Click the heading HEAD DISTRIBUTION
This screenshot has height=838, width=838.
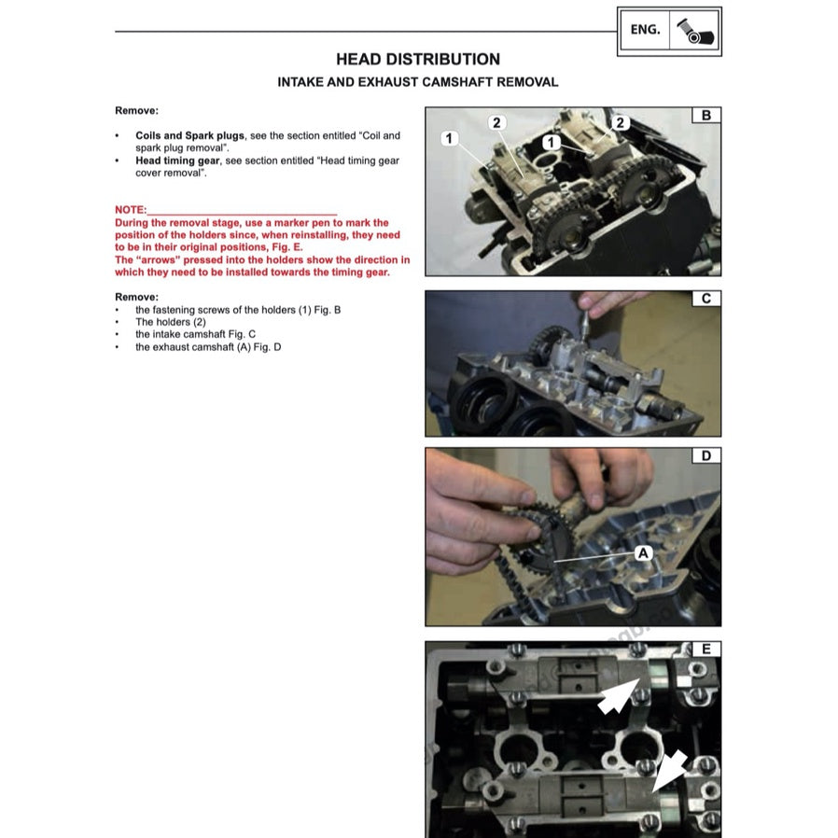(417, 59)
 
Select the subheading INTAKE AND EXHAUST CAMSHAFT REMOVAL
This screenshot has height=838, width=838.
(417, 82)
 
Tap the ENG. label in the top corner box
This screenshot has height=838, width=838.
(645, 30)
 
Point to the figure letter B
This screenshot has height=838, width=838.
(705, 116)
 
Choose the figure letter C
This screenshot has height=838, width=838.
(705, 299)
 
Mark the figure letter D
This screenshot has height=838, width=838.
(705, 455)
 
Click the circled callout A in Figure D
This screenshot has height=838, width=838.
(642, 552)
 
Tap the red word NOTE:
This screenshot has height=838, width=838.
(131, 211)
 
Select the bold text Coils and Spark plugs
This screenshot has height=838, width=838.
(189, 135)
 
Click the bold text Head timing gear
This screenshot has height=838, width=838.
(177, 161)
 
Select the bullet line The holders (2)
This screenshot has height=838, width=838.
(171, 322)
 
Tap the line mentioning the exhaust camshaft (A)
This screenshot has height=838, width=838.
(208, 347)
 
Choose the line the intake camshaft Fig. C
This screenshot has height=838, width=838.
(195, 334)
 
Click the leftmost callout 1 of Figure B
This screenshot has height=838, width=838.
(449, 138)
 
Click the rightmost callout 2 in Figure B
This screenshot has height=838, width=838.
(621, 122)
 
